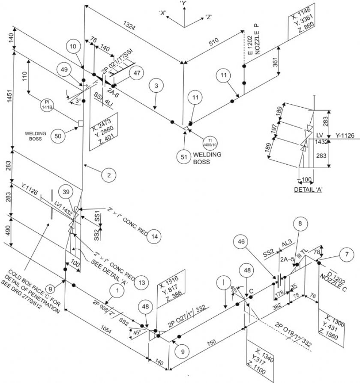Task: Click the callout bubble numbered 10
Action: [73, 46]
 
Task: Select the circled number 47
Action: [136, 73]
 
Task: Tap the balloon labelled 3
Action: [156, 86]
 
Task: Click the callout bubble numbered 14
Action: [155, 236]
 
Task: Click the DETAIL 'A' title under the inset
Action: [306, 189]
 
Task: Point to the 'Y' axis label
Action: [184, 3]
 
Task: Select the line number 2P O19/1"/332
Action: [294, 333]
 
